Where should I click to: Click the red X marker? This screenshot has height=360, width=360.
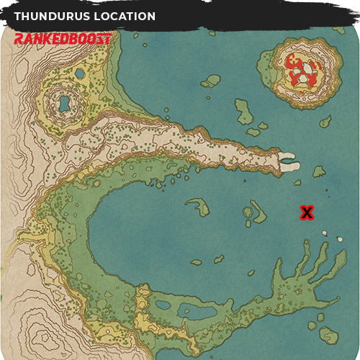pyautogui.click(x=307, y=212)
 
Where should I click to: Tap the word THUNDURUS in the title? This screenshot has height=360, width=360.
pyautogui.click(x=50, y=16)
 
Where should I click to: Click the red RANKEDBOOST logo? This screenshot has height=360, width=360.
pyautogui.click(x=63, y=39)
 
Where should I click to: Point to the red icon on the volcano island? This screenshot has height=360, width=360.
pyautogui.click(x=301, y=70)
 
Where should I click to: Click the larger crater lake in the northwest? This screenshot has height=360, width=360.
pyautogui.click(x=63, y=104)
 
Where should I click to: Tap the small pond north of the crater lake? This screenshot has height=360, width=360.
pyautogui.click(x=79, y=74)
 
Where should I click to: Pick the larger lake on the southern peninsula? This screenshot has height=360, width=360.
pyautogui.click(x=198, y=313)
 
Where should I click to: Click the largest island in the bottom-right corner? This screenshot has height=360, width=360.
pyautogui.click(x=329, y=335)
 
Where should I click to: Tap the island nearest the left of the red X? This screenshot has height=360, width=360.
pyautogui.click(x=257, y=211)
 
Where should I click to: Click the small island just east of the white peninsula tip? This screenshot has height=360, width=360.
pyautogui.click(x=318, y=171)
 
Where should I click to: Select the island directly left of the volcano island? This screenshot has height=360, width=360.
pyautogui.click(x=212, y=80)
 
